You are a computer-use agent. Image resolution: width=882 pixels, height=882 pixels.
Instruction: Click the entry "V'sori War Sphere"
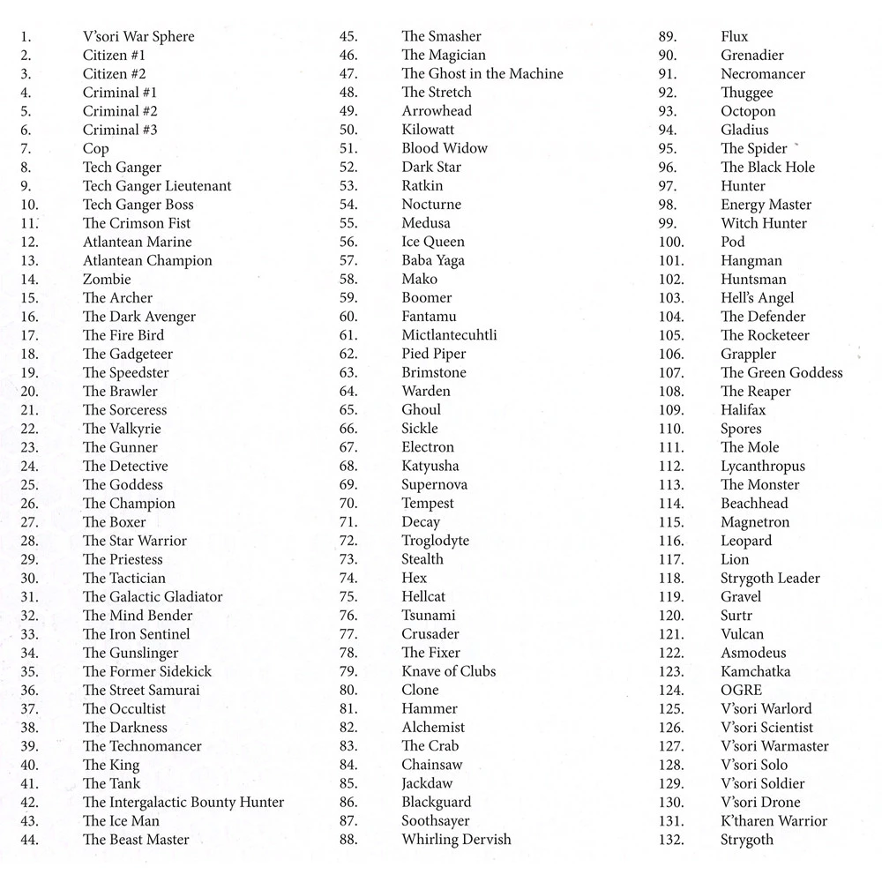(138, 36)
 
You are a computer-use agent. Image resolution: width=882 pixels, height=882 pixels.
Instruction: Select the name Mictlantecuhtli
(449, 335)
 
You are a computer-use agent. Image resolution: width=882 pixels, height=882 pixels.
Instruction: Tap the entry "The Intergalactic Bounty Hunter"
(183, 802)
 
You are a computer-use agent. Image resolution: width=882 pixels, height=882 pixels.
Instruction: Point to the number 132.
(671, 840)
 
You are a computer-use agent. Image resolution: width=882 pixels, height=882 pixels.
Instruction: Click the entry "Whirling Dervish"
(456, 840)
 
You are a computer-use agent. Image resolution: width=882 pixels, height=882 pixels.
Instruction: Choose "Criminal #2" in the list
(120, 111)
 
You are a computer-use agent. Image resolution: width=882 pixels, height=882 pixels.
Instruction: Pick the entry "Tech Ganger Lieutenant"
(157, 185)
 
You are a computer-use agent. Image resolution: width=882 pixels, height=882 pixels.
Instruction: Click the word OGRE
(741, 690)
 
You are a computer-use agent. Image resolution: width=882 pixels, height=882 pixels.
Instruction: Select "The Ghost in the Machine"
(482, 74)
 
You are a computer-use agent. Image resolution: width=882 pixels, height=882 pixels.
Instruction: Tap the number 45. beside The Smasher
(348, 36)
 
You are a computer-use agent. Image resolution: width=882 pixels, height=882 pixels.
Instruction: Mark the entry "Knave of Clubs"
(448, 671)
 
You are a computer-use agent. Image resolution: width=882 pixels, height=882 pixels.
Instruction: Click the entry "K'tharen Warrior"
(774, 821)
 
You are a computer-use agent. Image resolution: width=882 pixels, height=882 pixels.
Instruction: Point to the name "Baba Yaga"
(433, 260)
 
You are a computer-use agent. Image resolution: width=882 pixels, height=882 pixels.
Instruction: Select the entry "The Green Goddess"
(781, 372)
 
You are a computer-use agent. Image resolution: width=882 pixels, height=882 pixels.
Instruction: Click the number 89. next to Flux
(668, 36)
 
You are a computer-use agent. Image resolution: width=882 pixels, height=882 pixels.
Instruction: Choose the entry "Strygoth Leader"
(770, 578)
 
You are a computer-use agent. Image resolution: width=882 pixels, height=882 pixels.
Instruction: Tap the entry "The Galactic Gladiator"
(153, 596)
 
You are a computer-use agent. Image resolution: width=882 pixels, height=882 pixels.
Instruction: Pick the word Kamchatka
(755, 671)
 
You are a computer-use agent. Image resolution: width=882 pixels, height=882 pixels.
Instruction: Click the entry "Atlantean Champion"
(147, 260)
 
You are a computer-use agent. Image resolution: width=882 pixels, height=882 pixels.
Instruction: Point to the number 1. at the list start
(26, 36)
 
